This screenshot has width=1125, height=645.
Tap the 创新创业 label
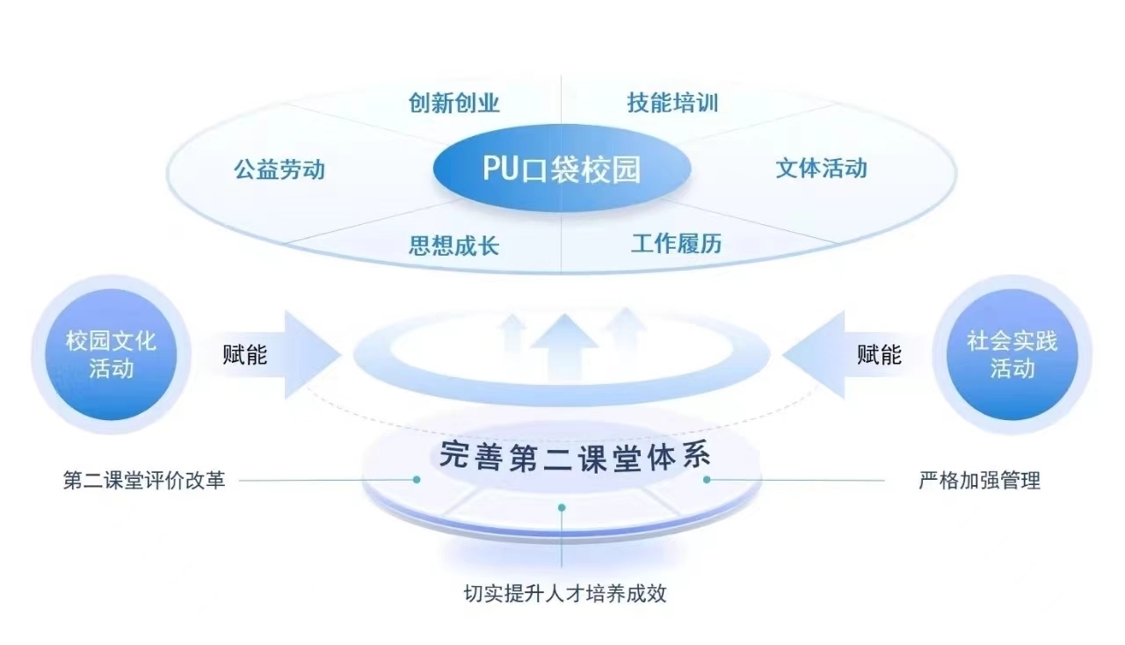[454, 103]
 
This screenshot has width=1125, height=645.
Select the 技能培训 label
[672, 103]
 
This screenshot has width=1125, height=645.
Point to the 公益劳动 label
[279, 169]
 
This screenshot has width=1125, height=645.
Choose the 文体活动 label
[821, 168]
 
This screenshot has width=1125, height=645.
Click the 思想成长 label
[454, 244]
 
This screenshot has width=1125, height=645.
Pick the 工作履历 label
[676, 243]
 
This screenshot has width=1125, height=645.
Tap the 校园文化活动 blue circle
[111, 353]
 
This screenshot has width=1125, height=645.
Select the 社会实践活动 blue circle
[1012, 353]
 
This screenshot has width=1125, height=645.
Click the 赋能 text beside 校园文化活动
[244, 354]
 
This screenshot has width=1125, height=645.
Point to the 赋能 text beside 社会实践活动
[879, 354]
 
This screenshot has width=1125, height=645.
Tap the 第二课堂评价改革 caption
[144, 481]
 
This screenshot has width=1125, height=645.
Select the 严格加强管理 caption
[979, 481]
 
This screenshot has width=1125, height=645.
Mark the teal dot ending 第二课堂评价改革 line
[417, 480]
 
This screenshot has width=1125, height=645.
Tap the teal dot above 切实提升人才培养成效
[562, 507]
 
